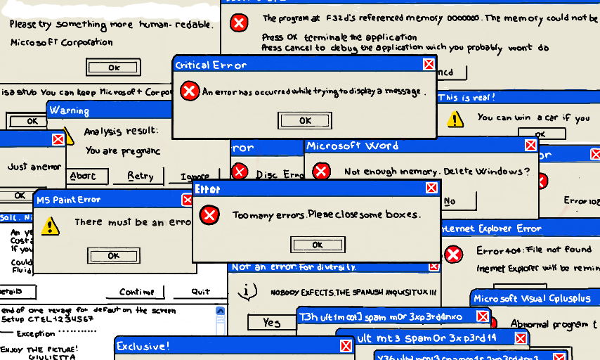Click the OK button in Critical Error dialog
(x=304, y=120)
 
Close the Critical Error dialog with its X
(x=428, y=65)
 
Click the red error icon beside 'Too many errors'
(x=209, y=214)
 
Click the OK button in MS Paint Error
(x=113, y=255)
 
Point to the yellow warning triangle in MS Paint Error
(x=50, y=225)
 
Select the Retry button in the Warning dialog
(x=141, y=176)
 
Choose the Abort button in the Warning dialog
(x=82, y=176)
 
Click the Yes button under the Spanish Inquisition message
(x=271, y=322)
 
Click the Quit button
(x=200, y=292)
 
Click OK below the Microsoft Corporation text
(x=113, y=67)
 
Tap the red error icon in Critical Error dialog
(x=188, y=91)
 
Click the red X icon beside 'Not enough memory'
(x=321, y=171)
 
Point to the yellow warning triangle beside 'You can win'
(x=456, y=117)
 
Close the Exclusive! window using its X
(x=346, y=346)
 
